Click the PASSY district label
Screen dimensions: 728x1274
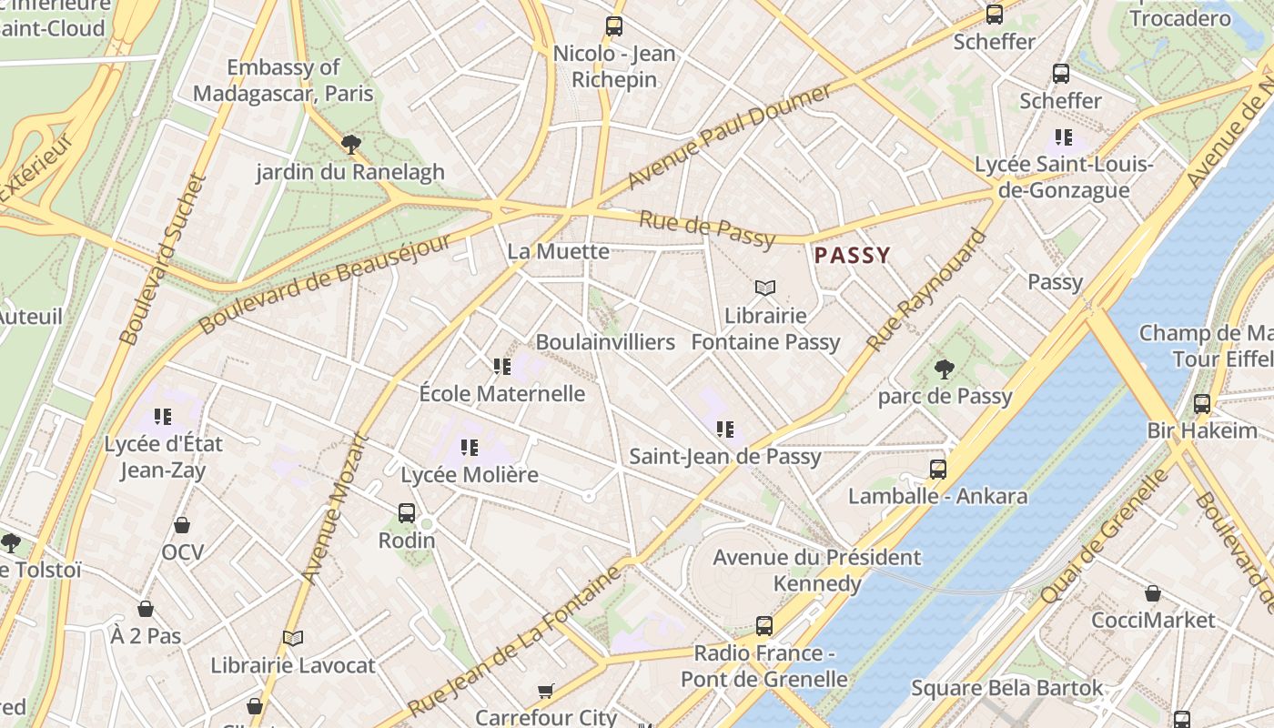(852, 256)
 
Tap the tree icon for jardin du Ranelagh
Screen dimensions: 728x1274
(350, 145)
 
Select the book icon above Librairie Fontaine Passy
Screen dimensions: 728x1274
(765, 288)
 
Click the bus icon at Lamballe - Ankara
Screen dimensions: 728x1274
(938, 470)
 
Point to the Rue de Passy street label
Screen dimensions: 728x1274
(706, 228)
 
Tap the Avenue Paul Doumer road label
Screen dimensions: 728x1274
(729, 136)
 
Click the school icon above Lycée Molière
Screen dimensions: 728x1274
(470, 448)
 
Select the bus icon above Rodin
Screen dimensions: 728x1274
(407, 513)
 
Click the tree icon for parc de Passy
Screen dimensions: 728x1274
(945, 369)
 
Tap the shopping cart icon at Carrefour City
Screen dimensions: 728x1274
(545, 692)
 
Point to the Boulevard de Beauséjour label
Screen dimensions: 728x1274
(325, 283)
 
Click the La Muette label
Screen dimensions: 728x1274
(558, 251)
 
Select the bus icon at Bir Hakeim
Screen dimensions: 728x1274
(1202, 404)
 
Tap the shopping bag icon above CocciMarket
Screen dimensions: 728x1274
(1153, 593)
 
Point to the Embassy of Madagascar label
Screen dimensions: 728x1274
(283, 80)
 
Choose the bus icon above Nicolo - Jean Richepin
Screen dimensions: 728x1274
(614, 26)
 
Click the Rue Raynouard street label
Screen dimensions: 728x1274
(925, 290)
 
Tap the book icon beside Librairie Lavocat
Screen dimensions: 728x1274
(292, 639)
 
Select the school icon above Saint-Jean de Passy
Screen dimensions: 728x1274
(725, 430)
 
